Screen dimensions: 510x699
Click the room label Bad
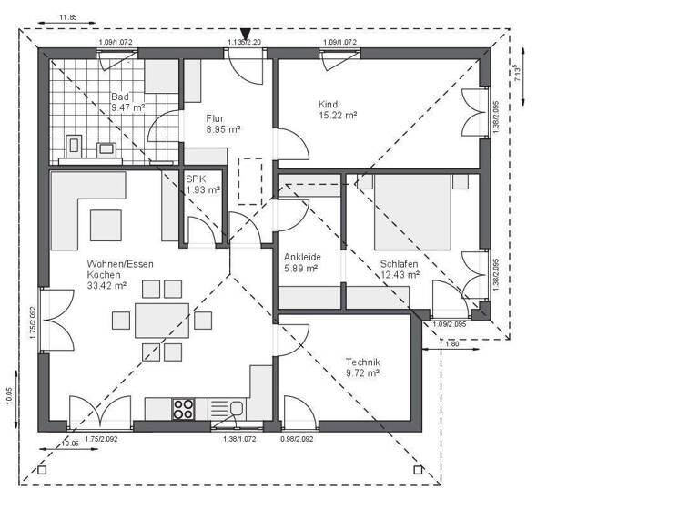[x=120, y=97]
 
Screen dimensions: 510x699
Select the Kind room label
[x=328, y=104]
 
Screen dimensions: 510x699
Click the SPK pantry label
[x=197, y=178]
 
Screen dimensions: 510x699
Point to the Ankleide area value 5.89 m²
[x=300, y=269]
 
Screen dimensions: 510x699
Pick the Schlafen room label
[x=400, y=263]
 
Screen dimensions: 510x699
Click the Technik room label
[x=362, y=362]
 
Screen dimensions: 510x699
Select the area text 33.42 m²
[x=106, y=285]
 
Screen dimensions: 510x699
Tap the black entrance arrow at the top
[x=245, y=35]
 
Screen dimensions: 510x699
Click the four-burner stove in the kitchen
[x=184, y=409]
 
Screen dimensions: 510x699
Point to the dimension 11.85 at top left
[x=67, y=17]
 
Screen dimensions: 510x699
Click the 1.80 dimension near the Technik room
[x=452, y=343]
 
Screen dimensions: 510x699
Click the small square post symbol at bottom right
[x=418, y=470]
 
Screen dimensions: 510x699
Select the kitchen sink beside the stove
[x=236, y=409]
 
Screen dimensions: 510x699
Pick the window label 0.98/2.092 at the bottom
[x=298, y=439]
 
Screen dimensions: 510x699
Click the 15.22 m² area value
[x=337, y=116]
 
